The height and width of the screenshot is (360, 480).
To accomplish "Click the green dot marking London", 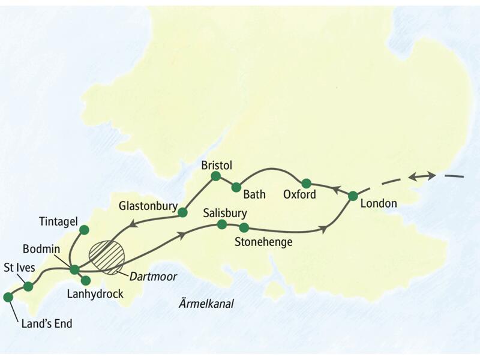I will tap(353, 196).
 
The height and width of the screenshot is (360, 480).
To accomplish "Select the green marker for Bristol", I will tap(216, 176).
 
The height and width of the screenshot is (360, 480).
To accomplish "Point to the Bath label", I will tap(254, 194).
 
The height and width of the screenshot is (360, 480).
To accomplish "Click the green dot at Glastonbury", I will tap(182, 212).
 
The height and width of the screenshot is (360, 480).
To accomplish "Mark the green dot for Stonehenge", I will tap(244, 227).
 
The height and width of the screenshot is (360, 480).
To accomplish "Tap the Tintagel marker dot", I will tap(84, 229).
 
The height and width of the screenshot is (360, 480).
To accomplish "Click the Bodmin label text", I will tap(40, 248).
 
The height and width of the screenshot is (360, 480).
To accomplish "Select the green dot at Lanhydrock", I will tap(85, 280).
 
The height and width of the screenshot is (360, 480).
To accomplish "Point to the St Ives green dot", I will tap(28, 286).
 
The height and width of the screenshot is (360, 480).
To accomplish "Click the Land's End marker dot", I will tap(8, 297).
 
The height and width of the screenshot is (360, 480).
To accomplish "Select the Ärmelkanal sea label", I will tap(206, 304).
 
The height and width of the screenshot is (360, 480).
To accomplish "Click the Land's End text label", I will tap(46, 324).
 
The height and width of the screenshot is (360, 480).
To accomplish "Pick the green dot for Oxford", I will tap(306, 183).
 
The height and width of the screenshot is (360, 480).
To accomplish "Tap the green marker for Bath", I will tap(236, 187).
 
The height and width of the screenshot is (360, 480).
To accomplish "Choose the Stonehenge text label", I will tap(264, 242).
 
